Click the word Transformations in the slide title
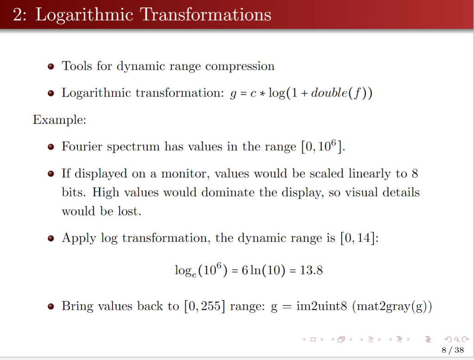[x=206, y=15]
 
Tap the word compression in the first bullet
[x=240, y=66]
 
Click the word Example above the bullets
[x=59, y=120]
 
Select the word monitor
[x=185, y=174]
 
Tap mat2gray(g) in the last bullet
[x=392, y=307]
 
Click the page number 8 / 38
[x=452, y=350]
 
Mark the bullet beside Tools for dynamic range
[x=51, y=67]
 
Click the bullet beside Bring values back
[x=51, y=307]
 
